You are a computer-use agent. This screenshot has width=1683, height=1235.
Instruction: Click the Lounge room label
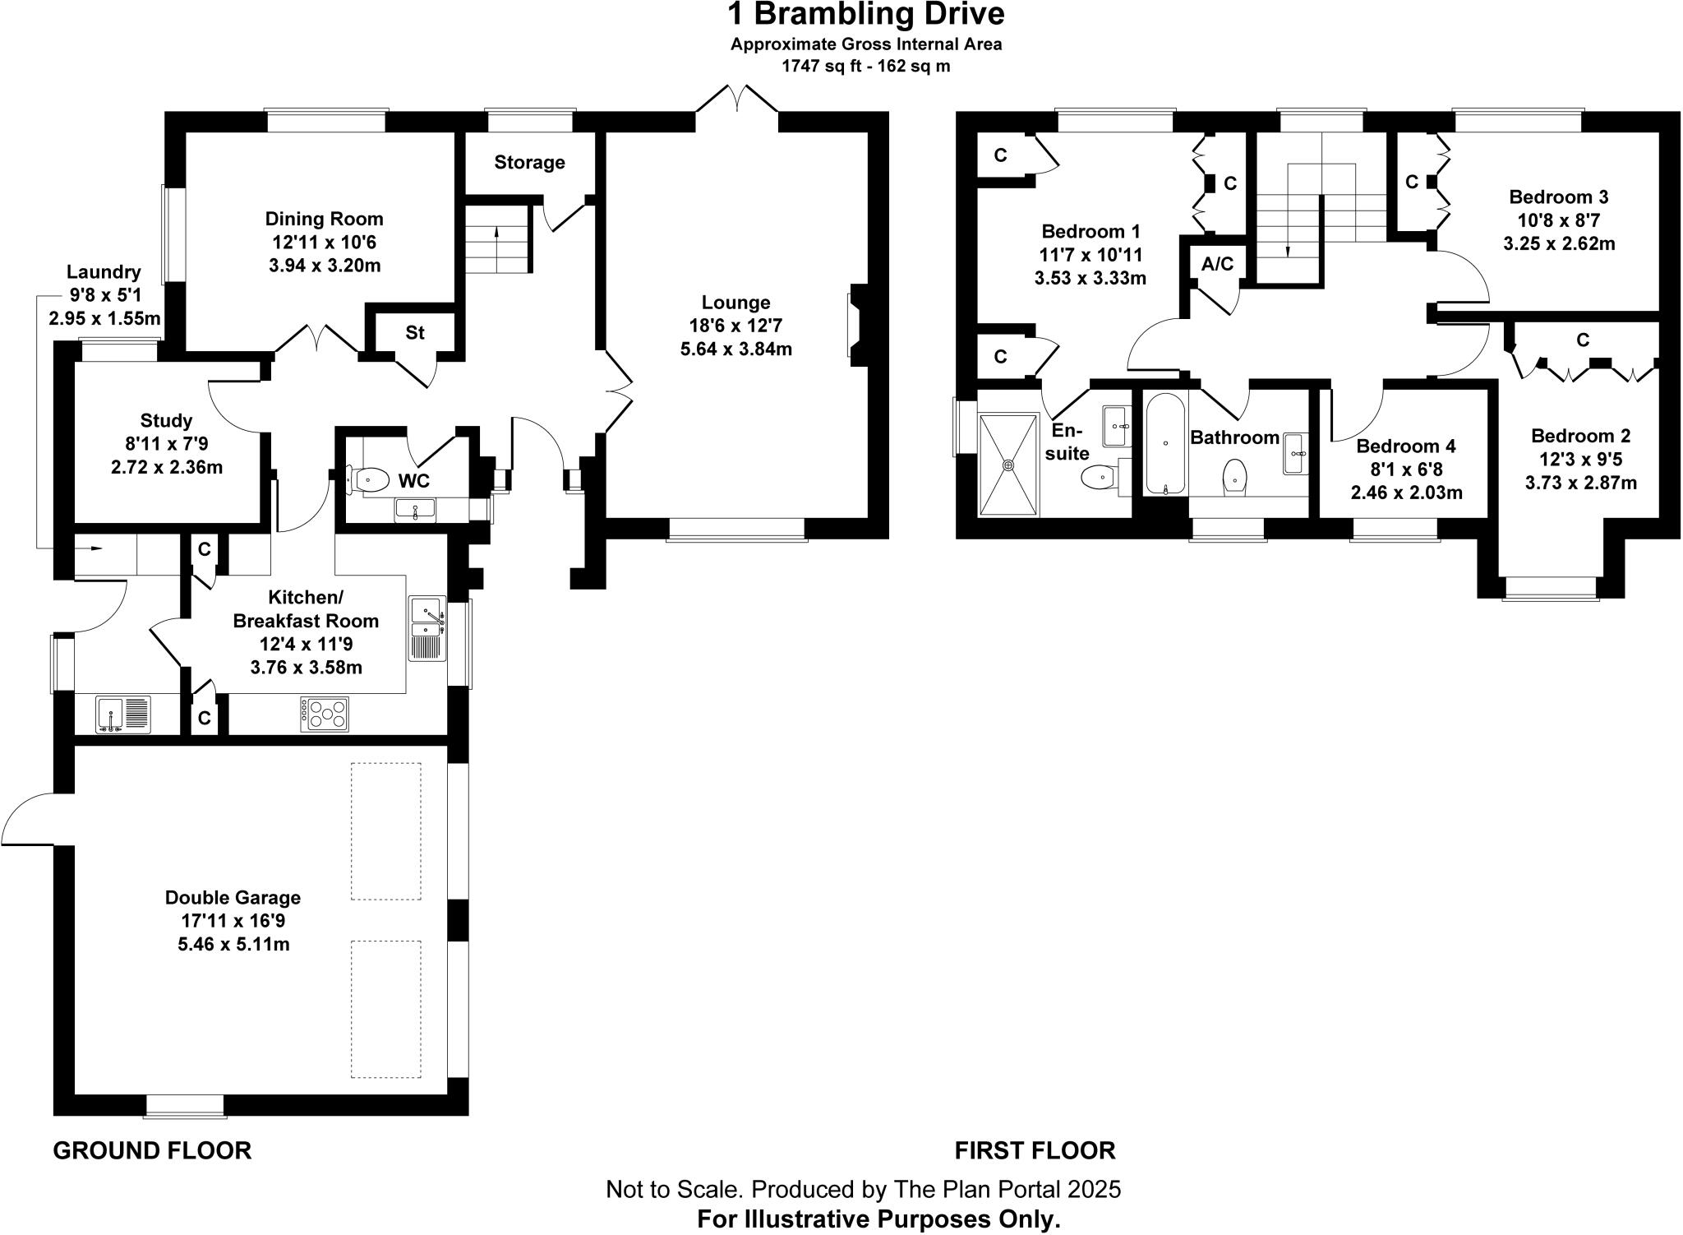point(735,303)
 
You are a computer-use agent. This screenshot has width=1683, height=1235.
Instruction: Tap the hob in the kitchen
point(325,714)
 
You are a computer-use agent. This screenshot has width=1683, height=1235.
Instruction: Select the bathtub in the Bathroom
point(1165,444)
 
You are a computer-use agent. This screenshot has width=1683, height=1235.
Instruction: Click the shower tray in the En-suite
point(1008,465)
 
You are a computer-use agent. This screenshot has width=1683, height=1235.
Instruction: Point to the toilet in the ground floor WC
point(369,479)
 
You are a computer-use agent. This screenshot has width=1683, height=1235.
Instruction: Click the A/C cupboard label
point(1217,264)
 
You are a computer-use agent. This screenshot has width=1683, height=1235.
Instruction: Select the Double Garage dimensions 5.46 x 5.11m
point(233,944)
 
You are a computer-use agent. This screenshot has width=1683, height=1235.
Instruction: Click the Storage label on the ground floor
point(529,162)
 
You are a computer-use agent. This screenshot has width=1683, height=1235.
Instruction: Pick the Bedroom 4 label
point(1405,446)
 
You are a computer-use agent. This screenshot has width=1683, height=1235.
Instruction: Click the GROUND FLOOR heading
point(152,1150)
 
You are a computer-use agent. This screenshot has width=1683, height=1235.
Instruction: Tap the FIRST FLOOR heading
point(1035,1150)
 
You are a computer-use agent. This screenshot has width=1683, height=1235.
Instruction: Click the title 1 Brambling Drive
point(865,15)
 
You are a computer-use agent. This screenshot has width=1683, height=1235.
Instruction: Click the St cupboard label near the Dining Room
point(414,332)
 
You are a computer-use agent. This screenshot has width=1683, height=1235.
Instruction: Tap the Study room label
point(166,421)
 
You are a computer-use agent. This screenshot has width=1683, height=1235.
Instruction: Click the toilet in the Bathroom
point(1234,476)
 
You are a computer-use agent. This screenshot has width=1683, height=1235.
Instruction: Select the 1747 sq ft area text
point(822,67)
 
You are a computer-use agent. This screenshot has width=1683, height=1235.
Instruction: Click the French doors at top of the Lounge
point(737,100)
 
